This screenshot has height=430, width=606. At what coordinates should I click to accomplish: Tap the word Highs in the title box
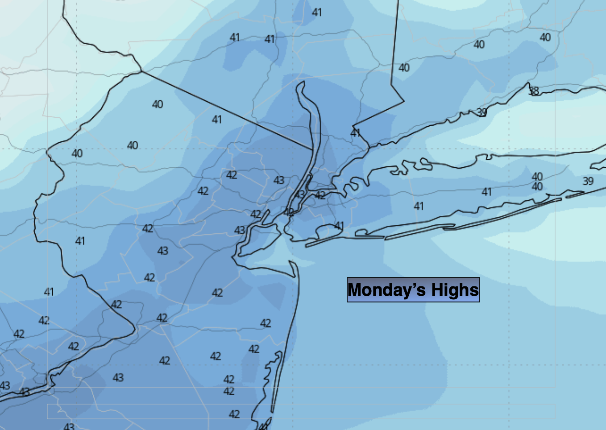point(454,290)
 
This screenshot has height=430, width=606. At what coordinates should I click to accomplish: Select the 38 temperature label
point(534,91)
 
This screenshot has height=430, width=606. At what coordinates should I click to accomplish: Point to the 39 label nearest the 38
point(481,112)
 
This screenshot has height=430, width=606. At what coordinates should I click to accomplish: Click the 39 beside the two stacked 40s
point(588,181)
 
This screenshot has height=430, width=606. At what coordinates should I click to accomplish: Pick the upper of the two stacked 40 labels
point(537,177)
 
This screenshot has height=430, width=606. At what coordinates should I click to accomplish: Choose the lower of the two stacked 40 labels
point(537,186)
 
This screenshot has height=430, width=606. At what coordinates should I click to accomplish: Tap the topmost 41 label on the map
point(317,12)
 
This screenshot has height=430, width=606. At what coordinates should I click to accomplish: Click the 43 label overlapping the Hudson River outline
point(299,194)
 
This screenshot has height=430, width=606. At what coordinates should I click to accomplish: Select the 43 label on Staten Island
point(240,230)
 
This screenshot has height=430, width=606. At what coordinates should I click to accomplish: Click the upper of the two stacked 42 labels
point(229,379)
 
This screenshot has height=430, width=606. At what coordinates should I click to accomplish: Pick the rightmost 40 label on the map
point(545,37)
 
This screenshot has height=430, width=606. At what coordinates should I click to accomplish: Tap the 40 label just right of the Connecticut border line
point(404,68)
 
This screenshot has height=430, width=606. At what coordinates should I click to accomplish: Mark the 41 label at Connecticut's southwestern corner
point(355,133)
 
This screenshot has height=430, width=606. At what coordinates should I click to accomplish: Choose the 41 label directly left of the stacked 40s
point(486,192)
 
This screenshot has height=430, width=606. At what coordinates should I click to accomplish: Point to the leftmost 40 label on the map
point(77,153)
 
